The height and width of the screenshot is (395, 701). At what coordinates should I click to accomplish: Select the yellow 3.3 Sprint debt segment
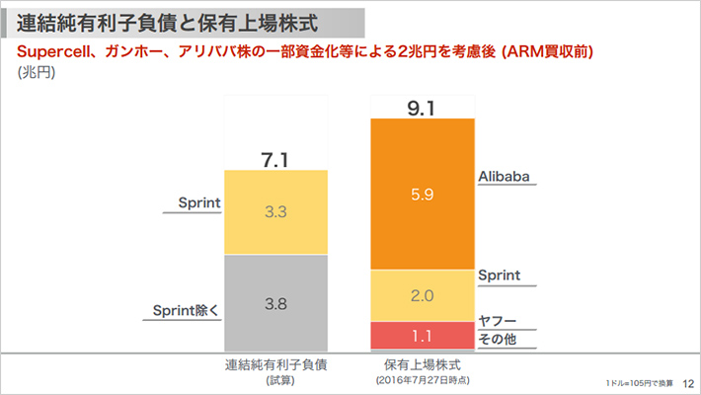(275, 211)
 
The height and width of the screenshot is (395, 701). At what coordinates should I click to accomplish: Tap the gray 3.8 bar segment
(275, 304)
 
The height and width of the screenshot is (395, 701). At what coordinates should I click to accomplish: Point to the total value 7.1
(275, 158)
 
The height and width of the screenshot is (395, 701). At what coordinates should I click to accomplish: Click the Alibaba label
(506, 177)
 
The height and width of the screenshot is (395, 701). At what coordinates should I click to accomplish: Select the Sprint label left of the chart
(198, 203)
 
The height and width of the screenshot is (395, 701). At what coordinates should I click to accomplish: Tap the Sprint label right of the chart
(499, 276)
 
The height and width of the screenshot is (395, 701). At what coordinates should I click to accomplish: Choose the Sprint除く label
(186, 309)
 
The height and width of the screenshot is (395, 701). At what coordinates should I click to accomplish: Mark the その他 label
(498, 340)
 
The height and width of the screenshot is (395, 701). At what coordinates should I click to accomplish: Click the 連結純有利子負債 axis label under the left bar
(275, 363)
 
